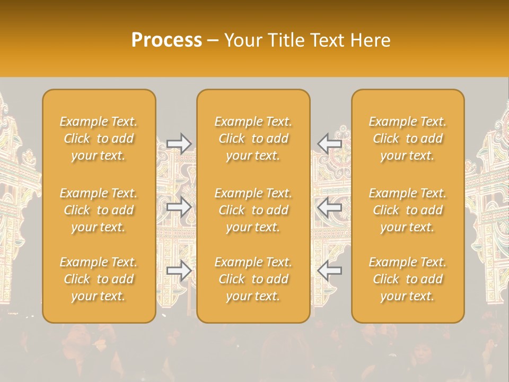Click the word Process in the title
(x=166, y=40)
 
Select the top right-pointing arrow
(x=179, y=143)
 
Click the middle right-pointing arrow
(x=179, y=207)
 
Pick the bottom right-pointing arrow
(x=179, y=271)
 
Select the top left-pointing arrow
(x=329, y=143)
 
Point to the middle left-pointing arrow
(x=329, y=207)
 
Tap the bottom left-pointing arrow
(x=329, y=271)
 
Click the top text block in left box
(x=99, y=138)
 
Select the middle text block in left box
(x=99, y=210)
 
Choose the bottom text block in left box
(x=99, y=279)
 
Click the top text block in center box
(x=253, y=138)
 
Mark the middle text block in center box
(x=253, y=210)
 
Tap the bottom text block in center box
(x=253, y=279)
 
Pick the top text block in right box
(x=408, y=138)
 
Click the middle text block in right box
(x=408, y=210)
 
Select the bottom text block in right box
(x=408, y=279)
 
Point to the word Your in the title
(x=242, y=40)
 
